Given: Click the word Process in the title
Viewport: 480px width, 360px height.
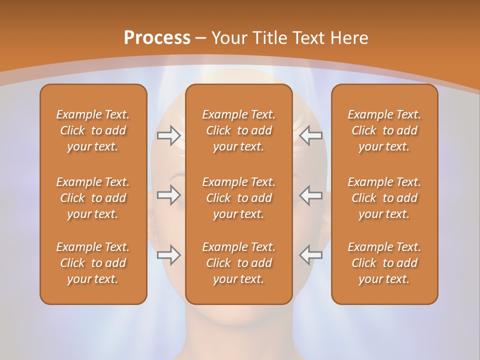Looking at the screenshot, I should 157,38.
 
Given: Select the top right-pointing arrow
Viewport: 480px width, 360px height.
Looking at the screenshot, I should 169,135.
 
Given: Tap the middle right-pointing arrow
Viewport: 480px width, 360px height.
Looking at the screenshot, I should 169,195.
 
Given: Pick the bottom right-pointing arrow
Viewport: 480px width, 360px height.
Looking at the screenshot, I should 169,255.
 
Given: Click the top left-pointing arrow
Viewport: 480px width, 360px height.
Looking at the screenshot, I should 311,135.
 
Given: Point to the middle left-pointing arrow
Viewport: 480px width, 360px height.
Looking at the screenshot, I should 311,195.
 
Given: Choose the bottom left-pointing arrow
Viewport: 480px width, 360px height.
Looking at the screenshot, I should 311,255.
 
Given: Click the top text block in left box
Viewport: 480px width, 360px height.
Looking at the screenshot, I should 93,130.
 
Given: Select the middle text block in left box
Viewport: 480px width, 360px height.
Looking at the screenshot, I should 93,198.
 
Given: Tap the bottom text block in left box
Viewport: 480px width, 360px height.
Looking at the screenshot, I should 93,263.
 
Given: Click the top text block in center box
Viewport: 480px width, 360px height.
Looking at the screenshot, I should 238,130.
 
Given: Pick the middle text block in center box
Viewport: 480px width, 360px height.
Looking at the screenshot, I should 238,198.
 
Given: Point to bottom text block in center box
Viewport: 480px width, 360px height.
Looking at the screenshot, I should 238,263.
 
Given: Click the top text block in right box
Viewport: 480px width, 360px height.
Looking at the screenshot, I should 384,130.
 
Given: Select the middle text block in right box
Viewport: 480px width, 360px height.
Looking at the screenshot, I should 384,198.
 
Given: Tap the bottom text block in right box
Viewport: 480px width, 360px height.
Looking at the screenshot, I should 384,263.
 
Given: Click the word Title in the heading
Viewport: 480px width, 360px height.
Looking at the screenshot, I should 268,38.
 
